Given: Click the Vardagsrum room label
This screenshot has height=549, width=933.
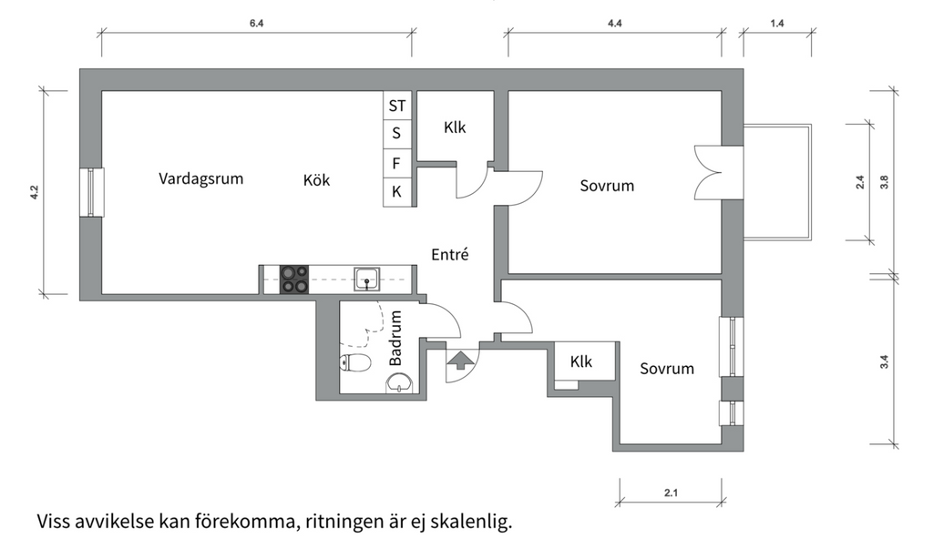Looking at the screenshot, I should click(201, 178).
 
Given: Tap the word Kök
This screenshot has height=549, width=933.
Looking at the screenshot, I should click(316, 180).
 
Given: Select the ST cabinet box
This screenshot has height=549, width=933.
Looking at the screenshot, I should click(397, 106).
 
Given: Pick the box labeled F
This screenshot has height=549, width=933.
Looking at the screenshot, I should click(396, 163).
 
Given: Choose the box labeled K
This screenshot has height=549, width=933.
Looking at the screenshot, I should click(396, 191).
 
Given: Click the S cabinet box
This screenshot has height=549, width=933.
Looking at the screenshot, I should click(396, 134).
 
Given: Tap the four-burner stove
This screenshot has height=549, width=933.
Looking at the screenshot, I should click(293, 279).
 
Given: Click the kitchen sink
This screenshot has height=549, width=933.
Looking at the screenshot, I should click(367, 279).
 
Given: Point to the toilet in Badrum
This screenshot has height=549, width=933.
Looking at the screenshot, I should click(356, 364).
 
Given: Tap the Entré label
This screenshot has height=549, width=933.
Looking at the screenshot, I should click(449, 255).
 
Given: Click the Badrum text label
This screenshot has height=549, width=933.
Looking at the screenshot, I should click(395, 339).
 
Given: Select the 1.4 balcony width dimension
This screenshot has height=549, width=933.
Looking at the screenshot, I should click(776, 24).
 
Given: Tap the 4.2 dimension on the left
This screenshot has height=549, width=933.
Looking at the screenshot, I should click(35, 192).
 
